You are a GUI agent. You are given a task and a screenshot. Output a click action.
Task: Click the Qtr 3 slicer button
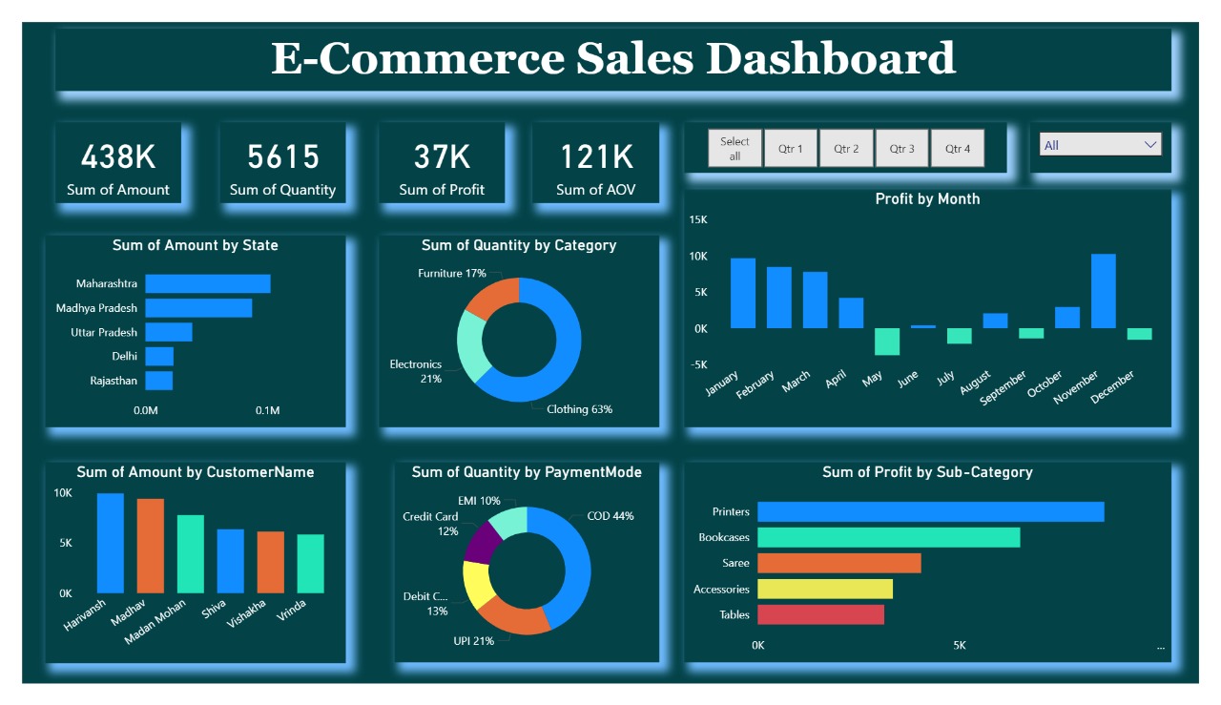tap(901, 149)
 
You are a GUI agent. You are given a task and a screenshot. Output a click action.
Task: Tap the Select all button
tap(735, 148)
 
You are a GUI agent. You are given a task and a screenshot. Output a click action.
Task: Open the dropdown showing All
tap(1100, 145)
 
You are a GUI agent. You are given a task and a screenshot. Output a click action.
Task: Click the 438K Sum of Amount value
tap(118, 156)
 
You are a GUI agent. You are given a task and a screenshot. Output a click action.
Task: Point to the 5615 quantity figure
tap(282, 156)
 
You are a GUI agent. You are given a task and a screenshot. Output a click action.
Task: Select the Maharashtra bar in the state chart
tap(208, 283)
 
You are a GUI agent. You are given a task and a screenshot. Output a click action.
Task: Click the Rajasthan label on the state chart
tap(114, 381)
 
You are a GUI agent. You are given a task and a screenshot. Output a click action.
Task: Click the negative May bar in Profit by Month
tap(887, 342)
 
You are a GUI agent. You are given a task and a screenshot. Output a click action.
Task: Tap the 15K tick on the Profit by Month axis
tap(697, 220)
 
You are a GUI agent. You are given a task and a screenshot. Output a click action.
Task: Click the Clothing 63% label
tap(579, 409)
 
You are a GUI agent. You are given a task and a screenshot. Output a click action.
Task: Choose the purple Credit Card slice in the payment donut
tap(482, 542)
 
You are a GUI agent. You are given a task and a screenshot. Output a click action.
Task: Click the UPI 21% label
tap(473, 641)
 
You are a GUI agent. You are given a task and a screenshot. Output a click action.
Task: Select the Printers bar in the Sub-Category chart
tap(930, 511)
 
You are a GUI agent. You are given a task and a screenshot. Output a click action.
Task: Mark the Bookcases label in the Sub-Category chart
tap(724, 537)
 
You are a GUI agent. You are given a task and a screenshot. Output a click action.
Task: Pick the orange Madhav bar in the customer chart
tap(150, 546)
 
